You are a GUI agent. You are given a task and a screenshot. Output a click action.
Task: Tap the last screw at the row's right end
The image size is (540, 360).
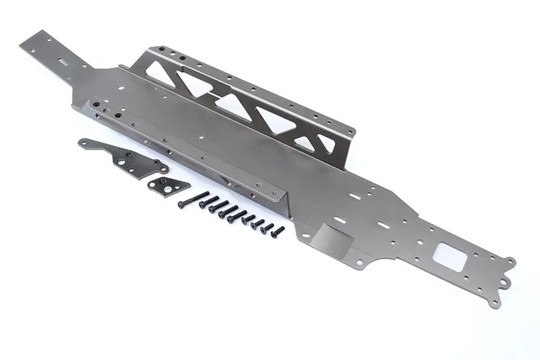277,231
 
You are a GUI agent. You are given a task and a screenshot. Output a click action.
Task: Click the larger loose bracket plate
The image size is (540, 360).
126,158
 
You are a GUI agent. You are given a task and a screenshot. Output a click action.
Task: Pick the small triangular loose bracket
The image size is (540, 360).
168,184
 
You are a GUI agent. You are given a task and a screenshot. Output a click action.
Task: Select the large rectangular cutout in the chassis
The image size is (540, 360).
449,256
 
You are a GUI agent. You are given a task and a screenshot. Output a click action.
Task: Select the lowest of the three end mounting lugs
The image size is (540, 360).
495,303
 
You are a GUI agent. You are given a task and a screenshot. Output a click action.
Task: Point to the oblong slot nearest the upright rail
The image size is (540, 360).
359,194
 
